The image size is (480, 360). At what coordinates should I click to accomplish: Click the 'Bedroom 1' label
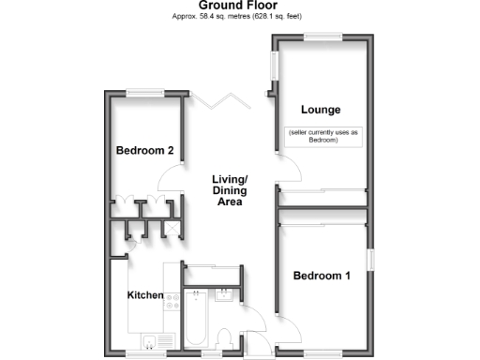click(x=322, y=276)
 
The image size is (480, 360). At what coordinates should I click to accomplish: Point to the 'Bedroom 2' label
click(x=144, y=150)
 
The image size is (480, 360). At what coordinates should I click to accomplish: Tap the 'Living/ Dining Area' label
click(x=229, y=190)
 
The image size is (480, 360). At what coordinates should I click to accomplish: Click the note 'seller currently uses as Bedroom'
click(x=324, y=136)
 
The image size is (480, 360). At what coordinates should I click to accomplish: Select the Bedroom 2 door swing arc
click(x=169, y=175)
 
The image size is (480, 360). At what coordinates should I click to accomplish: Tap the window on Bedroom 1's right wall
click(x=369, y=260)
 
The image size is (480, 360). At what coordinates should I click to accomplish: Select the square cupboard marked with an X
click(x=172, y=227)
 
